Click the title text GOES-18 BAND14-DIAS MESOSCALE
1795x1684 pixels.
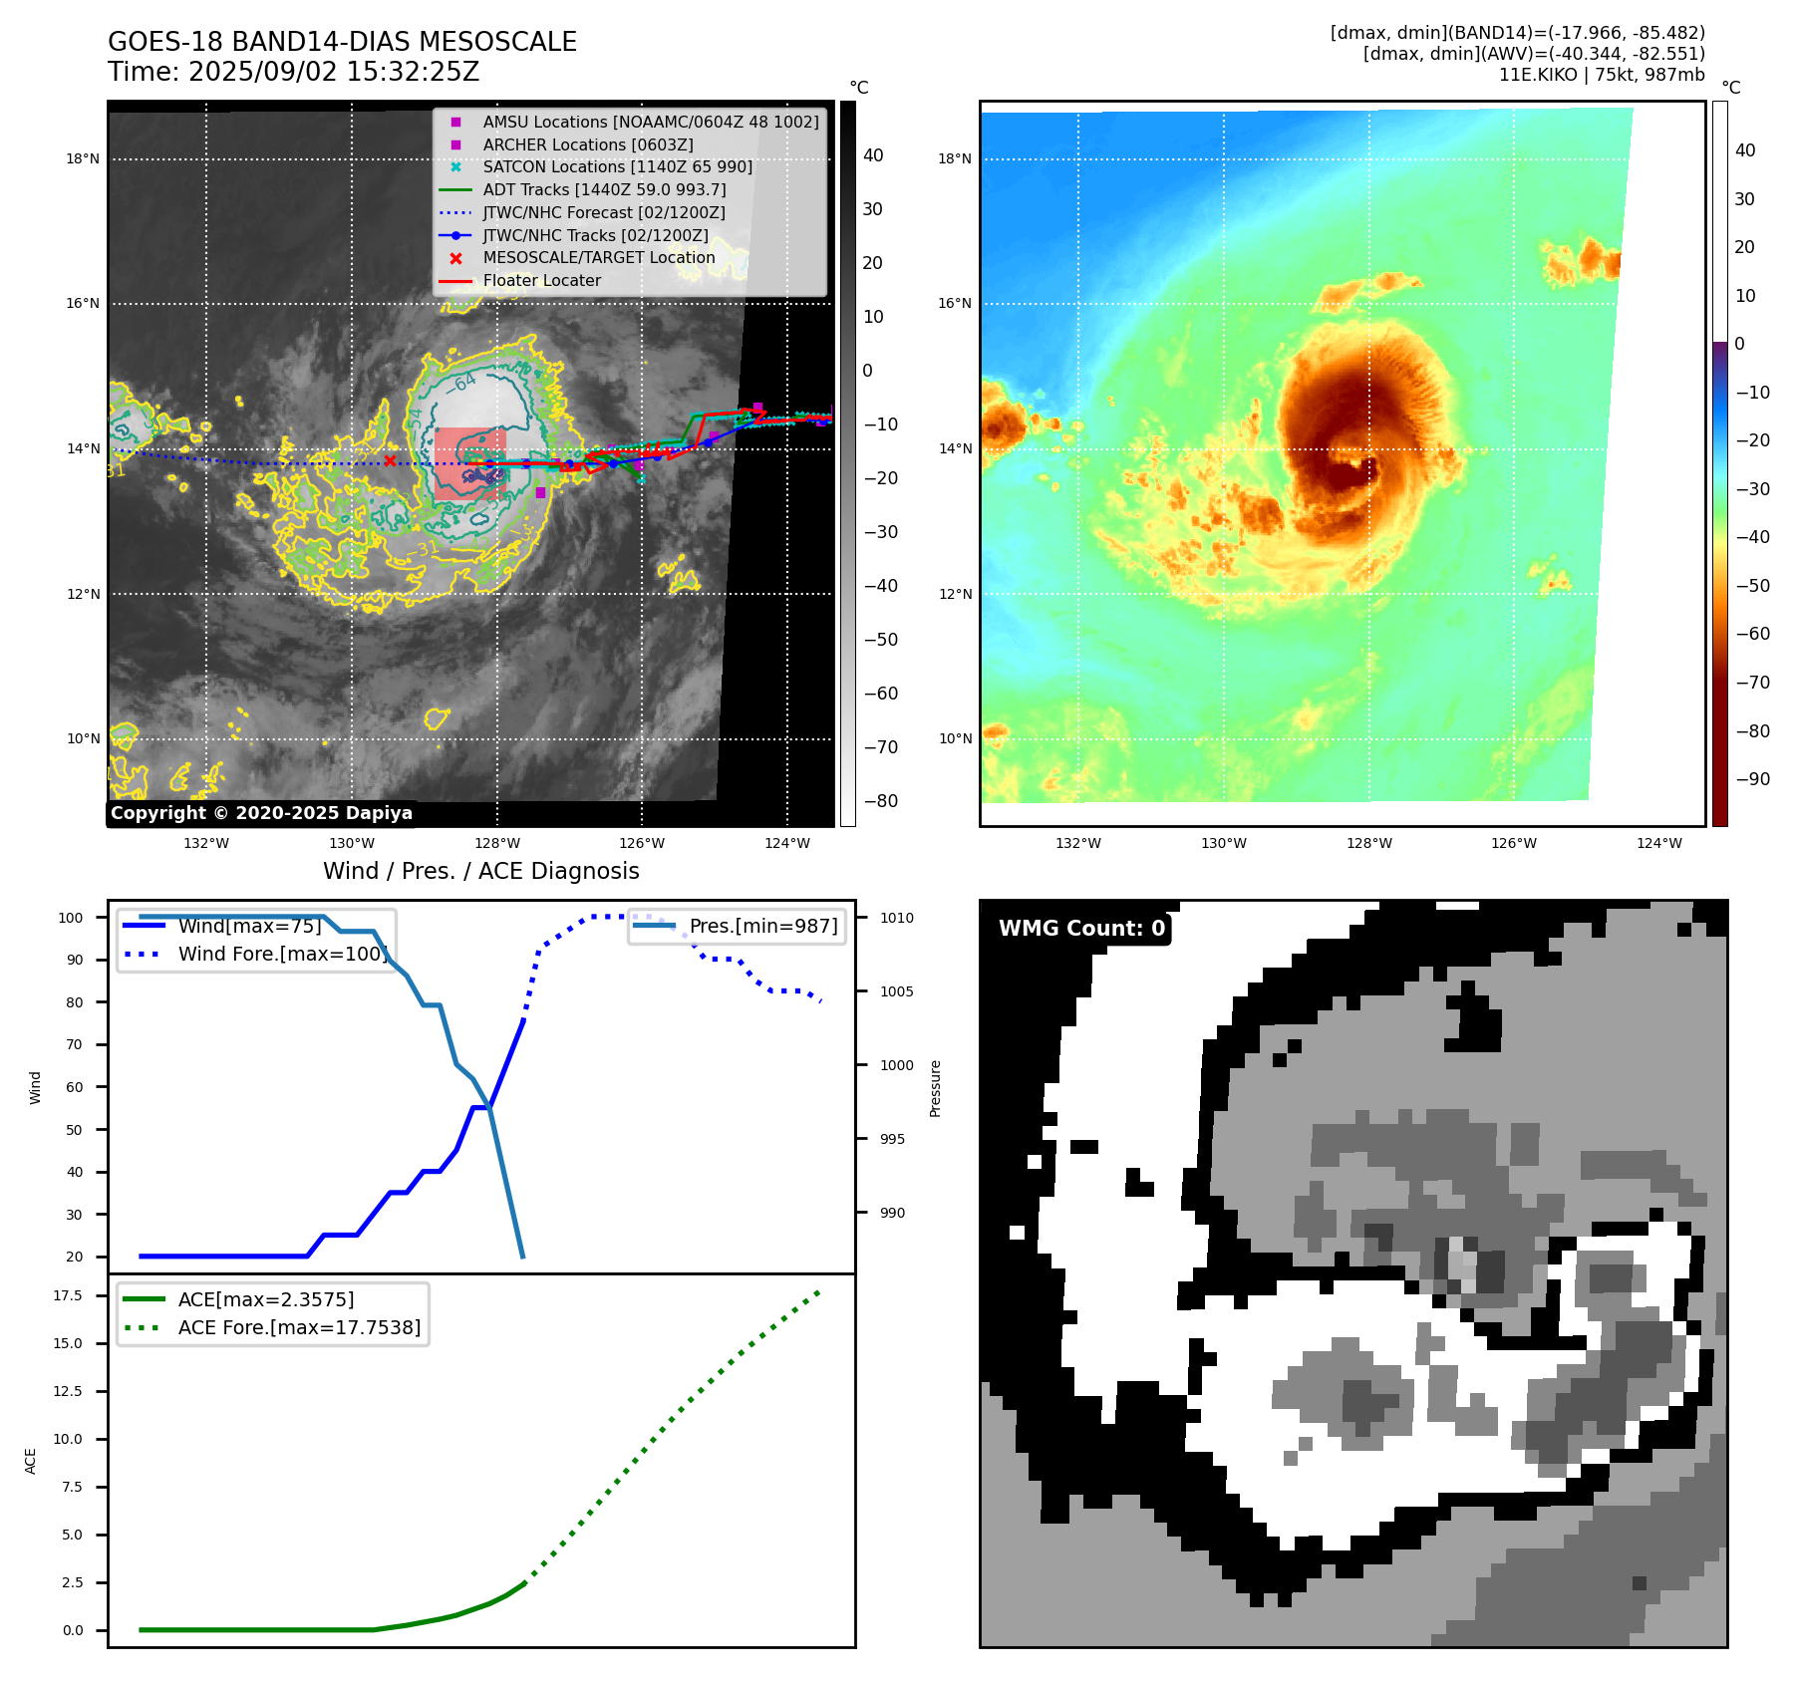pyautogui.click(x=342, y=42)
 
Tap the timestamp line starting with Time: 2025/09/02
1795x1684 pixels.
pyautogui.click(x=294, y=72)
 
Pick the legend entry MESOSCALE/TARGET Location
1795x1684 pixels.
pyautogui.click(x=598, y=257)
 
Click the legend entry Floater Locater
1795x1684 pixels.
pyautogui.click(x=541, y=281)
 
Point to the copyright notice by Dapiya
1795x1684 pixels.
pyautogui.click(x=261, y=813)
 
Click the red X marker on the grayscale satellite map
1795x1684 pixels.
pyautogui.click(x=390, y=460)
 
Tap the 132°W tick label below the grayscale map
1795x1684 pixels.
pyautogui.click(x=206, y=843)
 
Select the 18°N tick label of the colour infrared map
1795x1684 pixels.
pyautogui.click(x=954, y=158)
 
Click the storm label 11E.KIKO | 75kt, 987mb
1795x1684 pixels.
pyautogui.click(x=1601, y=75)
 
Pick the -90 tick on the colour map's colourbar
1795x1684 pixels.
pyautogui.click(x=1752, y=779)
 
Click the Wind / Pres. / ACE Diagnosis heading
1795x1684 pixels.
pyautogui.click(x=480, y=871)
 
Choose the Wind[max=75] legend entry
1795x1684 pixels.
pyautogui.click(x=249, y=926)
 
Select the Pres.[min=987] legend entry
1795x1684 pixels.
pyautogui.click(x=762, y=926)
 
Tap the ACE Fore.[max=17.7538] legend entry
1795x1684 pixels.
pyautogui.click(x=299, y=1327)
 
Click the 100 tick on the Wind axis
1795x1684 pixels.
pyautogui.click(x=71, y=918)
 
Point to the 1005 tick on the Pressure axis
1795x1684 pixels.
pyautogui.click(x=896, y=991)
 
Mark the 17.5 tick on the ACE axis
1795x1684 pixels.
pyautogui.click(x=68, y=1295)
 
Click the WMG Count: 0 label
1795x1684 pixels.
pyautogui.click(x=1081, y=929)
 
